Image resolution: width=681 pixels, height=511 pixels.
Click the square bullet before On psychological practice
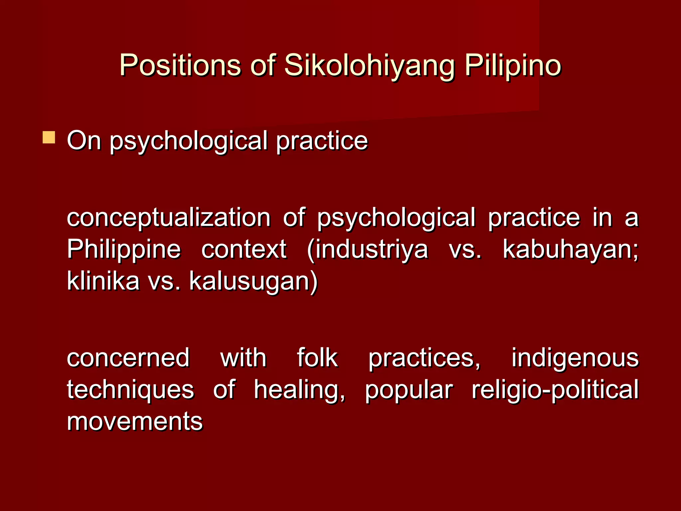(49, 137)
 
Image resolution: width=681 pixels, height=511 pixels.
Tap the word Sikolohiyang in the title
(369, 66)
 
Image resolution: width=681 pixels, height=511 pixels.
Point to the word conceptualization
(169, 218)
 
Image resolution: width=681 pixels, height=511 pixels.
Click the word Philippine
(124, 250)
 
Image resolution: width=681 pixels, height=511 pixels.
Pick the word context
(244, 250)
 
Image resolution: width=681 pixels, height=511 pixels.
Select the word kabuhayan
(570, 250)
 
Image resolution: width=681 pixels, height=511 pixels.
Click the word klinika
(103, 281)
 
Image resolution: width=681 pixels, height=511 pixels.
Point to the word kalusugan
(253, 281)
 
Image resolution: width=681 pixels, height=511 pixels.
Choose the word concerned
(128, 358)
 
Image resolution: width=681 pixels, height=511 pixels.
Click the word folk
(317, 358)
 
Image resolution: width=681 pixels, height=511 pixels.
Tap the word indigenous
(575, 359)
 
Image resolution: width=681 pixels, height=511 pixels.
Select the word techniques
(130, 390)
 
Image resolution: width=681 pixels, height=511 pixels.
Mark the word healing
(299, 390)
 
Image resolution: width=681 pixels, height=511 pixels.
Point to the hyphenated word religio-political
(555, 390)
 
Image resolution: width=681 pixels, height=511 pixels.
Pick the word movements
(135, 422)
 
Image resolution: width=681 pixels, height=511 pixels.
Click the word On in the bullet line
(84, 141)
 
